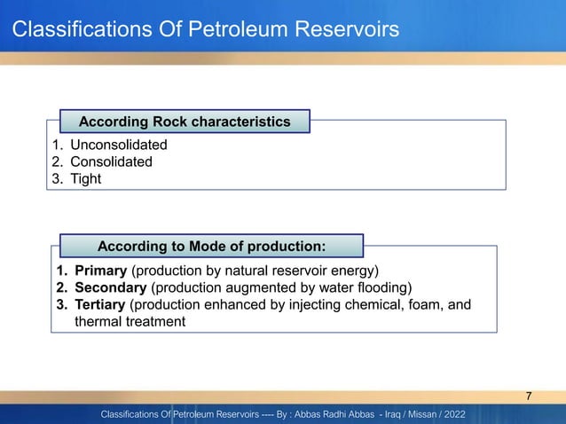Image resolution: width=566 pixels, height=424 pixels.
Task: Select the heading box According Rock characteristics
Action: tap(185, 121)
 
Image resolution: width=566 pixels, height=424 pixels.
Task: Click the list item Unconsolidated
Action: tap(118, 145)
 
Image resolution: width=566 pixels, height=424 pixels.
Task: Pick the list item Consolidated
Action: tap(111, 161)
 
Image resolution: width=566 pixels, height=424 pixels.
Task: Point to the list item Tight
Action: tap(86, 178)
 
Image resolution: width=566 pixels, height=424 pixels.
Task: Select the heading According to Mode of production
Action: tap(211, 244)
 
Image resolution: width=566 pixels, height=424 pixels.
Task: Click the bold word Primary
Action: tap(101, 271)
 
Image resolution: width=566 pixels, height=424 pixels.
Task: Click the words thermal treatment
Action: tap(130, 322)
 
